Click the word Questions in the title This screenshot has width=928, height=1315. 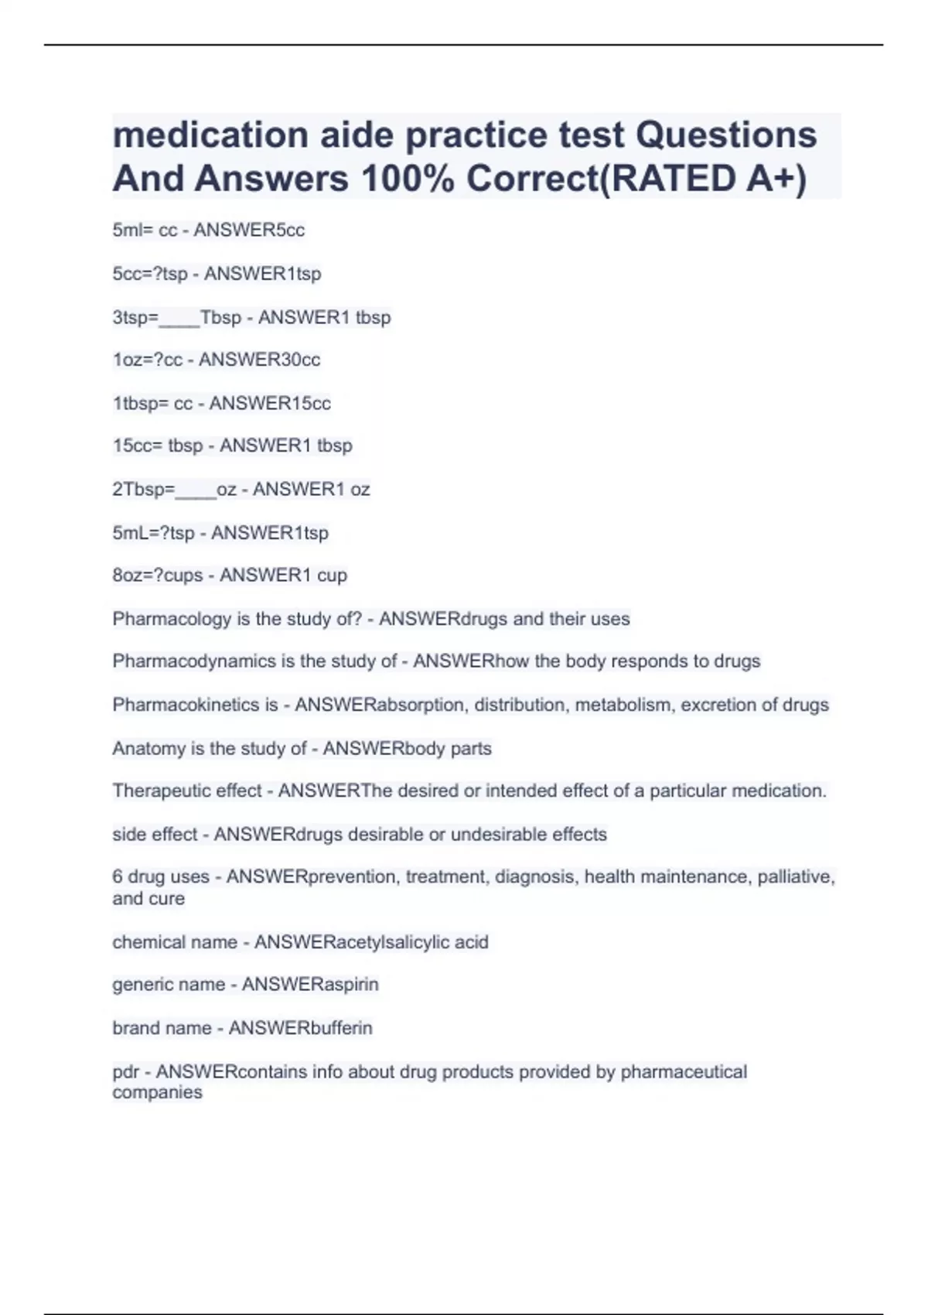(726, 135)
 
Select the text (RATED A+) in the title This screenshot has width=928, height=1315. (703, 179)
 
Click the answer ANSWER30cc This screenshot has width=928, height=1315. (259, 360)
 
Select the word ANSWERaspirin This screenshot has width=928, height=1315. (310, 984)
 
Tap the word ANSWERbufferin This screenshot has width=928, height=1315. (300, 1028)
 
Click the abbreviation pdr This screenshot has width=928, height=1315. (125, 1072)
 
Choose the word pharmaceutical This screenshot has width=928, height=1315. (684, 1072)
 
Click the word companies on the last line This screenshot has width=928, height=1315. (157, 1092)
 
